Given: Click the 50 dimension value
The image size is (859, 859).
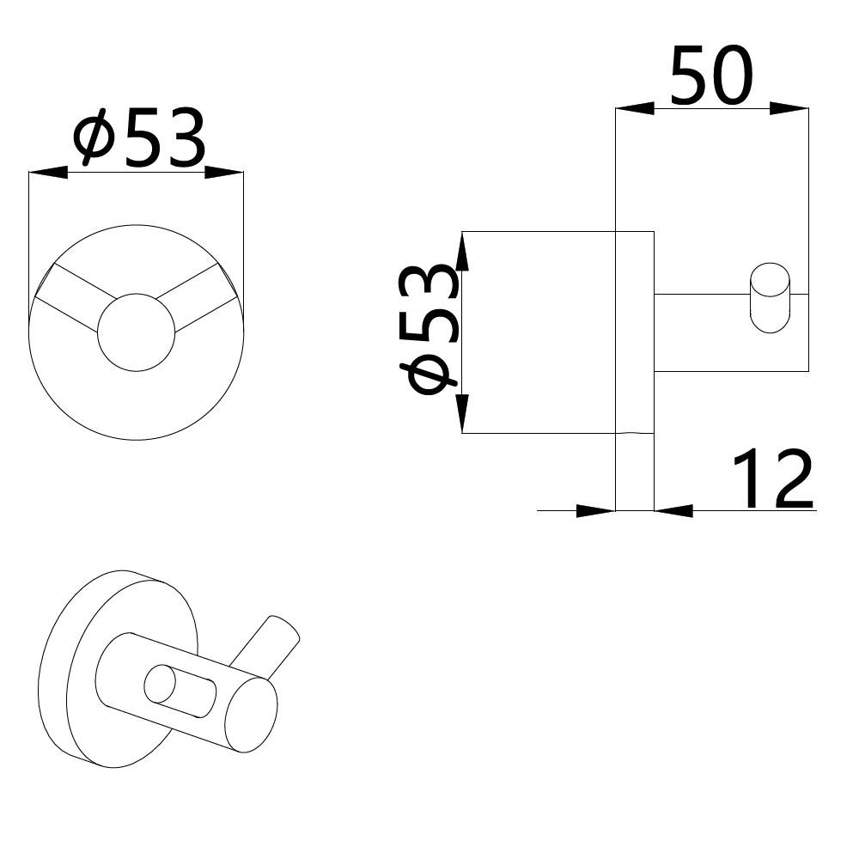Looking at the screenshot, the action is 711,76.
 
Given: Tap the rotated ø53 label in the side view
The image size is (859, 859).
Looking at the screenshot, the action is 429,329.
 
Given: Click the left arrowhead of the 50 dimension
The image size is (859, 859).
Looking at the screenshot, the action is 635,108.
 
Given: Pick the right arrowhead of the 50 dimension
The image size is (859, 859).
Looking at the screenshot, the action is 789,108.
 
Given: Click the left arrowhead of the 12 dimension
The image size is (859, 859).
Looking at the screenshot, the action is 596,511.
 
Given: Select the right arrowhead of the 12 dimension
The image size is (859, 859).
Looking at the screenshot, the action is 673,511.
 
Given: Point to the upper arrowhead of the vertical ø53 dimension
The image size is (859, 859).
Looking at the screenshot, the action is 462,252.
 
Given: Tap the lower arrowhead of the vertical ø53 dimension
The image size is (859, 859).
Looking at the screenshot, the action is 462,414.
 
